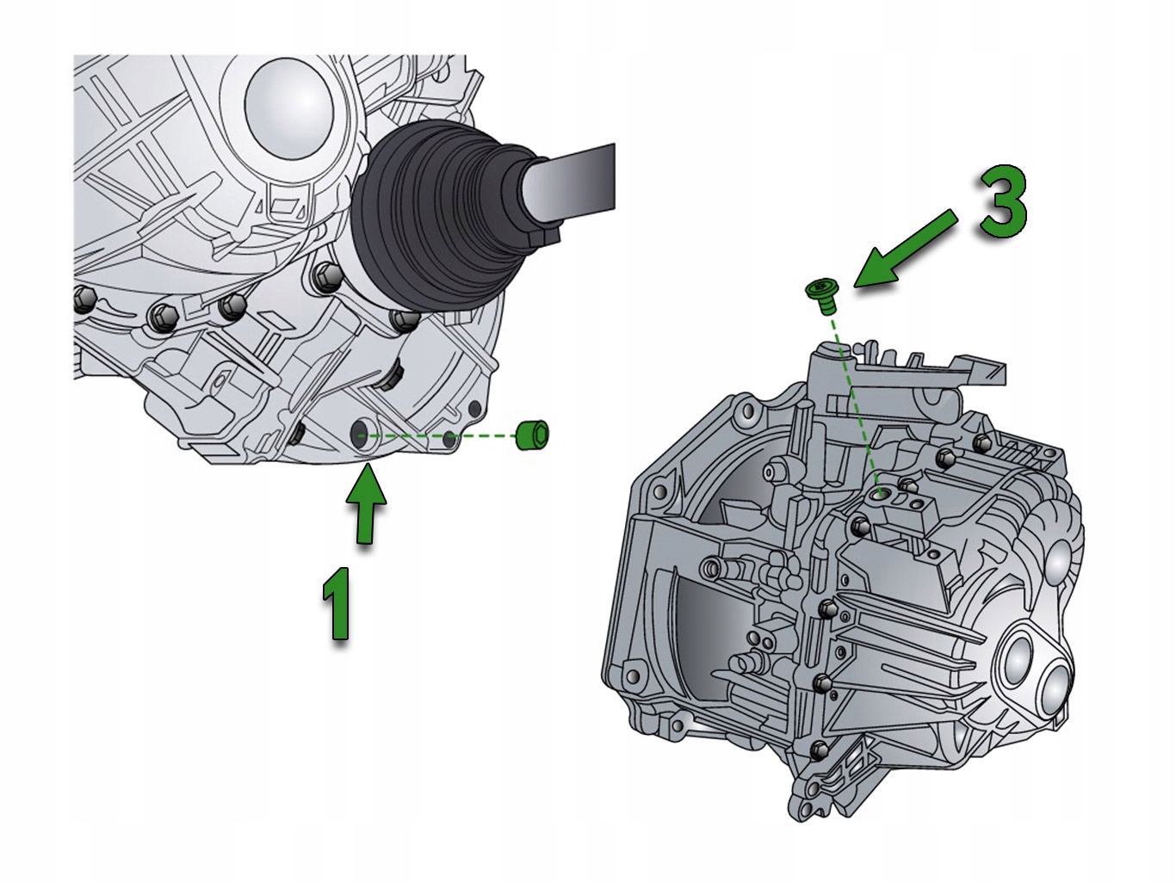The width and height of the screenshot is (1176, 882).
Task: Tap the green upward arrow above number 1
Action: point(366,504)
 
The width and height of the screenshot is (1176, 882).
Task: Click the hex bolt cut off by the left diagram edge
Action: point(84,301)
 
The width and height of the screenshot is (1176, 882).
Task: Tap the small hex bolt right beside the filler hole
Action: point(907,485)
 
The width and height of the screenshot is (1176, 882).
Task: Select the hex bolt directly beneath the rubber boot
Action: point(405,320)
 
